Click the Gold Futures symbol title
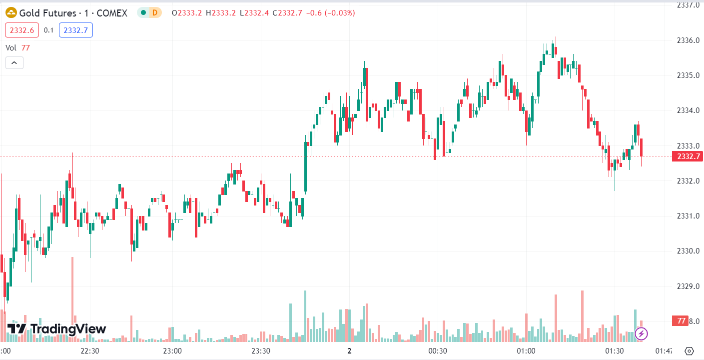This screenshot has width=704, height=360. [73, 13]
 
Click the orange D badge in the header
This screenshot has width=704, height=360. [155, 13]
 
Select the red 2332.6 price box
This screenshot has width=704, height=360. [22, 30]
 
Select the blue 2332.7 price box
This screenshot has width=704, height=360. [76, 30]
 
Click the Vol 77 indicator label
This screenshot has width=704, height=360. [18, 47]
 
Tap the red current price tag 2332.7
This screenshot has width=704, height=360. [689, 156]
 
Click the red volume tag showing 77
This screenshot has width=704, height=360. [680, 321]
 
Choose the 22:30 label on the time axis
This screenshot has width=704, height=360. [90, 351]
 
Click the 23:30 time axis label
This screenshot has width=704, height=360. [261, 351]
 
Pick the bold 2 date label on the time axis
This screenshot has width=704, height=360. [349, 351]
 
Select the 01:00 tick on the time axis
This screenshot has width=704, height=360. [526, 351]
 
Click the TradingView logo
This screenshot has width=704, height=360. [56, 329]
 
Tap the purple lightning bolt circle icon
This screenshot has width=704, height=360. [642, 333]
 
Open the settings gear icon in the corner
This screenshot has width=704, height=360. [690, 351]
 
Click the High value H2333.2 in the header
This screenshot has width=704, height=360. [223, 13]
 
